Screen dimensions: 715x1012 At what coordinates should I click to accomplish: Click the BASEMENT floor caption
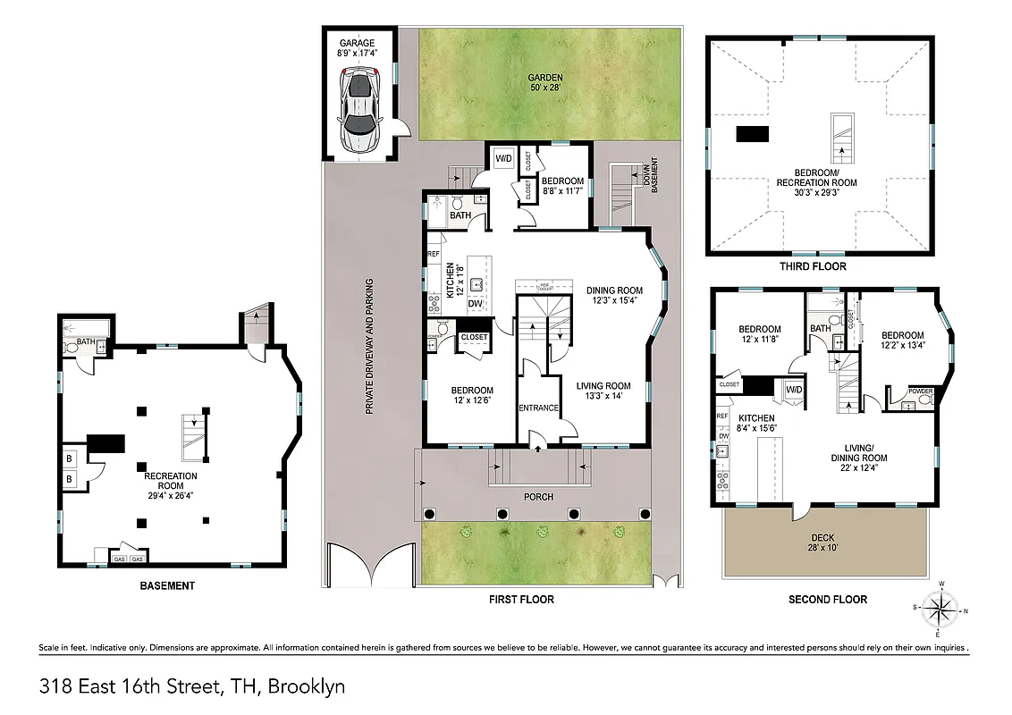point(167,586)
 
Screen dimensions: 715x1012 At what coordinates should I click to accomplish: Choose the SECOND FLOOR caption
point(827,600)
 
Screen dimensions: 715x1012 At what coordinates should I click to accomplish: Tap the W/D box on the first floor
point(502,159)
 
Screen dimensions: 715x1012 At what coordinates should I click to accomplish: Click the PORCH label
point(538,497)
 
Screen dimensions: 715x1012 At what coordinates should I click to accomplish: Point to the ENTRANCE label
point(538,408)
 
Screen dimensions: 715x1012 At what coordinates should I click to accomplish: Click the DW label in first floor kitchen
point(476,304)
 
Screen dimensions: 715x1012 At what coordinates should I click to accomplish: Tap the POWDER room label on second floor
point(920,391)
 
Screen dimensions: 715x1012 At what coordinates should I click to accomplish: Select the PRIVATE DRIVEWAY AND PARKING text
point(368,347)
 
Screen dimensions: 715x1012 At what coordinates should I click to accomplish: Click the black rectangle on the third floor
point(752,134)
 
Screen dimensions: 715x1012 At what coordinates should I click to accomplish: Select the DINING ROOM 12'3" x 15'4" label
point(614,295)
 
